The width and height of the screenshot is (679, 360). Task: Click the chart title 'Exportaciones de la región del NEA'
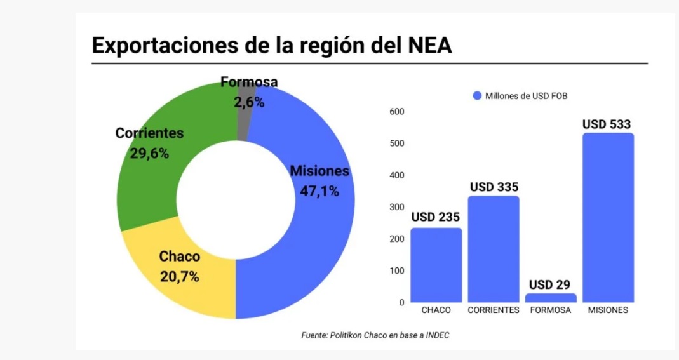coord(272,46)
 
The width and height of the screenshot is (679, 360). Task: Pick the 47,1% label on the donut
coord(319,191)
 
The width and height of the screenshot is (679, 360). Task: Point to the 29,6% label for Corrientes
coord(149,153)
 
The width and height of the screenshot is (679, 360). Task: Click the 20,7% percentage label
coord(179,277)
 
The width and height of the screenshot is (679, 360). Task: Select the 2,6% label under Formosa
coord(249,102)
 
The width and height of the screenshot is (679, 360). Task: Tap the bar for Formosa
coord(551,297)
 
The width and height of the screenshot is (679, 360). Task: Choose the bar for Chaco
coord(436,265)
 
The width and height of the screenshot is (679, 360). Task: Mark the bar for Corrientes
coord(494,249)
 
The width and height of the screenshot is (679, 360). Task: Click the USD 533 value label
coord(607,124)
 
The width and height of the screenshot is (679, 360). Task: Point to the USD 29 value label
coord(549,284)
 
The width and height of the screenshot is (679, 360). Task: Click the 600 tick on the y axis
coord(397,112)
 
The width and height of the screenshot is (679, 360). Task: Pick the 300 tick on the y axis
coord(397,207)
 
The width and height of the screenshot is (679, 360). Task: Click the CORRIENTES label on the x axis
coord(494,310)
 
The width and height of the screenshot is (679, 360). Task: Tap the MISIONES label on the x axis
coord(608,310)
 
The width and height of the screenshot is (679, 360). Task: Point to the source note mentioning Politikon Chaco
coord(375,335)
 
